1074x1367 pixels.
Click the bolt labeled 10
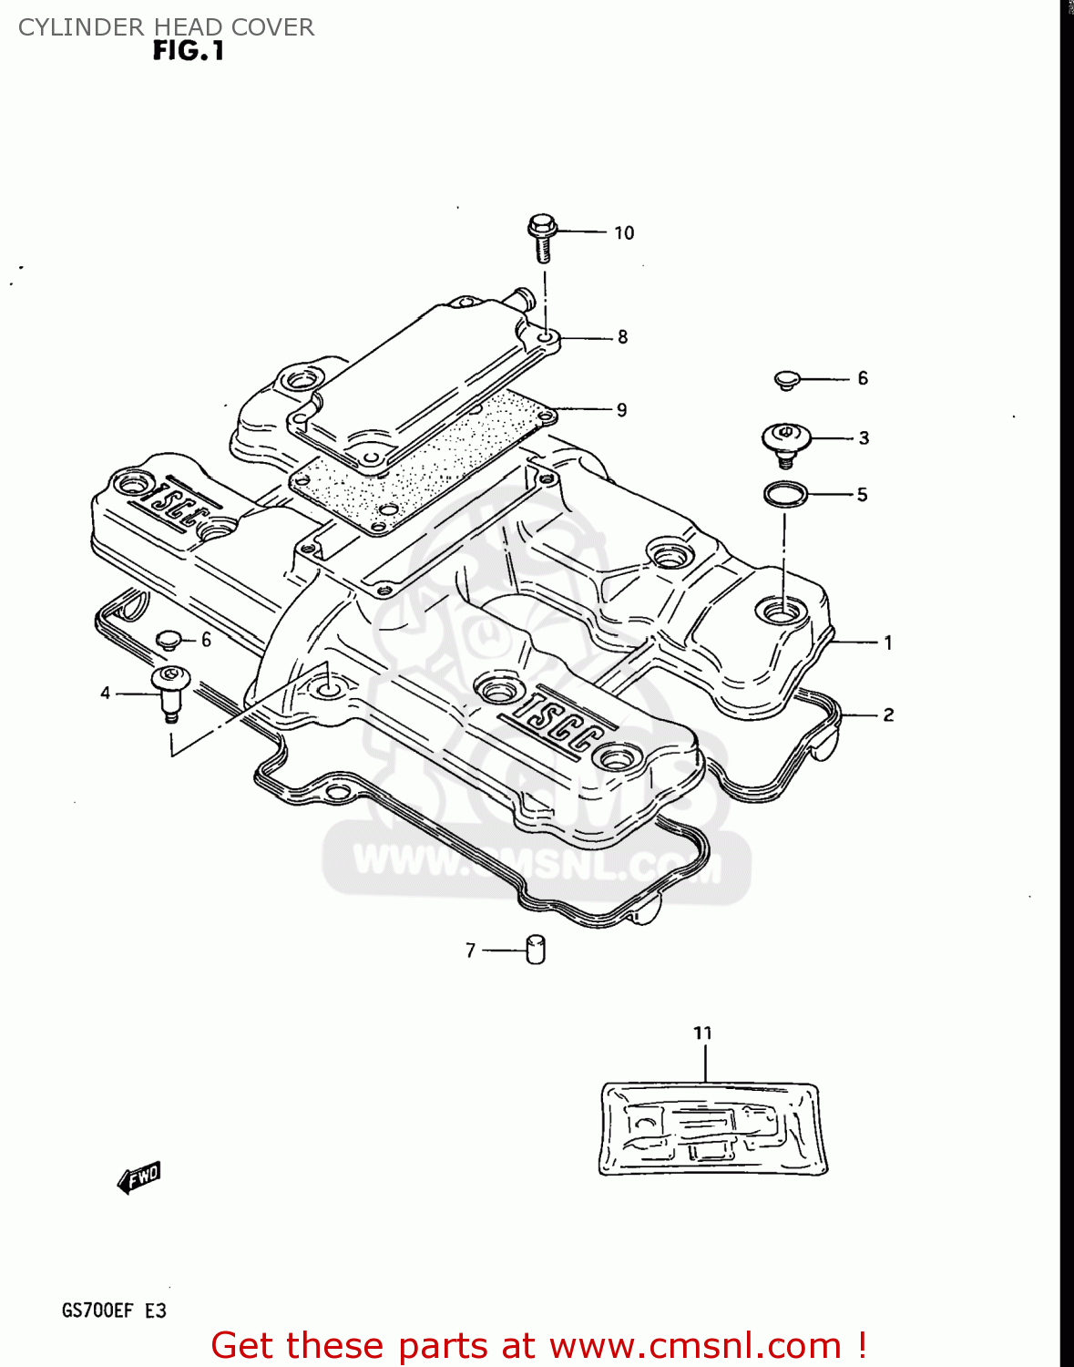click(541, 236)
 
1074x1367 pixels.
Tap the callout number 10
click(624, 233)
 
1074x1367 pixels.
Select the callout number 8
click(623, 337)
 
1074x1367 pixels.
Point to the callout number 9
click(622, 410)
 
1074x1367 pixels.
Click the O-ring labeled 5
click(785, 495)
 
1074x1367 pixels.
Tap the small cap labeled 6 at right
click(787, 379)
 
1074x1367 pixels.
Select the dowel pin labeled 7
click(536, 950)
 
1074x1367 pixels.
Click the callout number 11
click(702, 1033)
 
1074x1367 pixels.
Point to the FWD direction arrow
click(139, 1177)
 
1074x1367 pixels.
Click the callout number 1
click(888, 643)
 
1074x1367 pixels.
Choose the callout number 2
click(888, 715)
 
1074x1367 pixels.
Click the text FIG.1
click(189, 52)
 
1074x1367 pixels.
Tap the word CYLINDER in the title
click(68, 27)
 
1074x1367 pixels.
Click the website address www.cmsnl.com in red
click(695, 1346)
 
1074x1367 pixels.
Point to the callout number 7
click(470, 951)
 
